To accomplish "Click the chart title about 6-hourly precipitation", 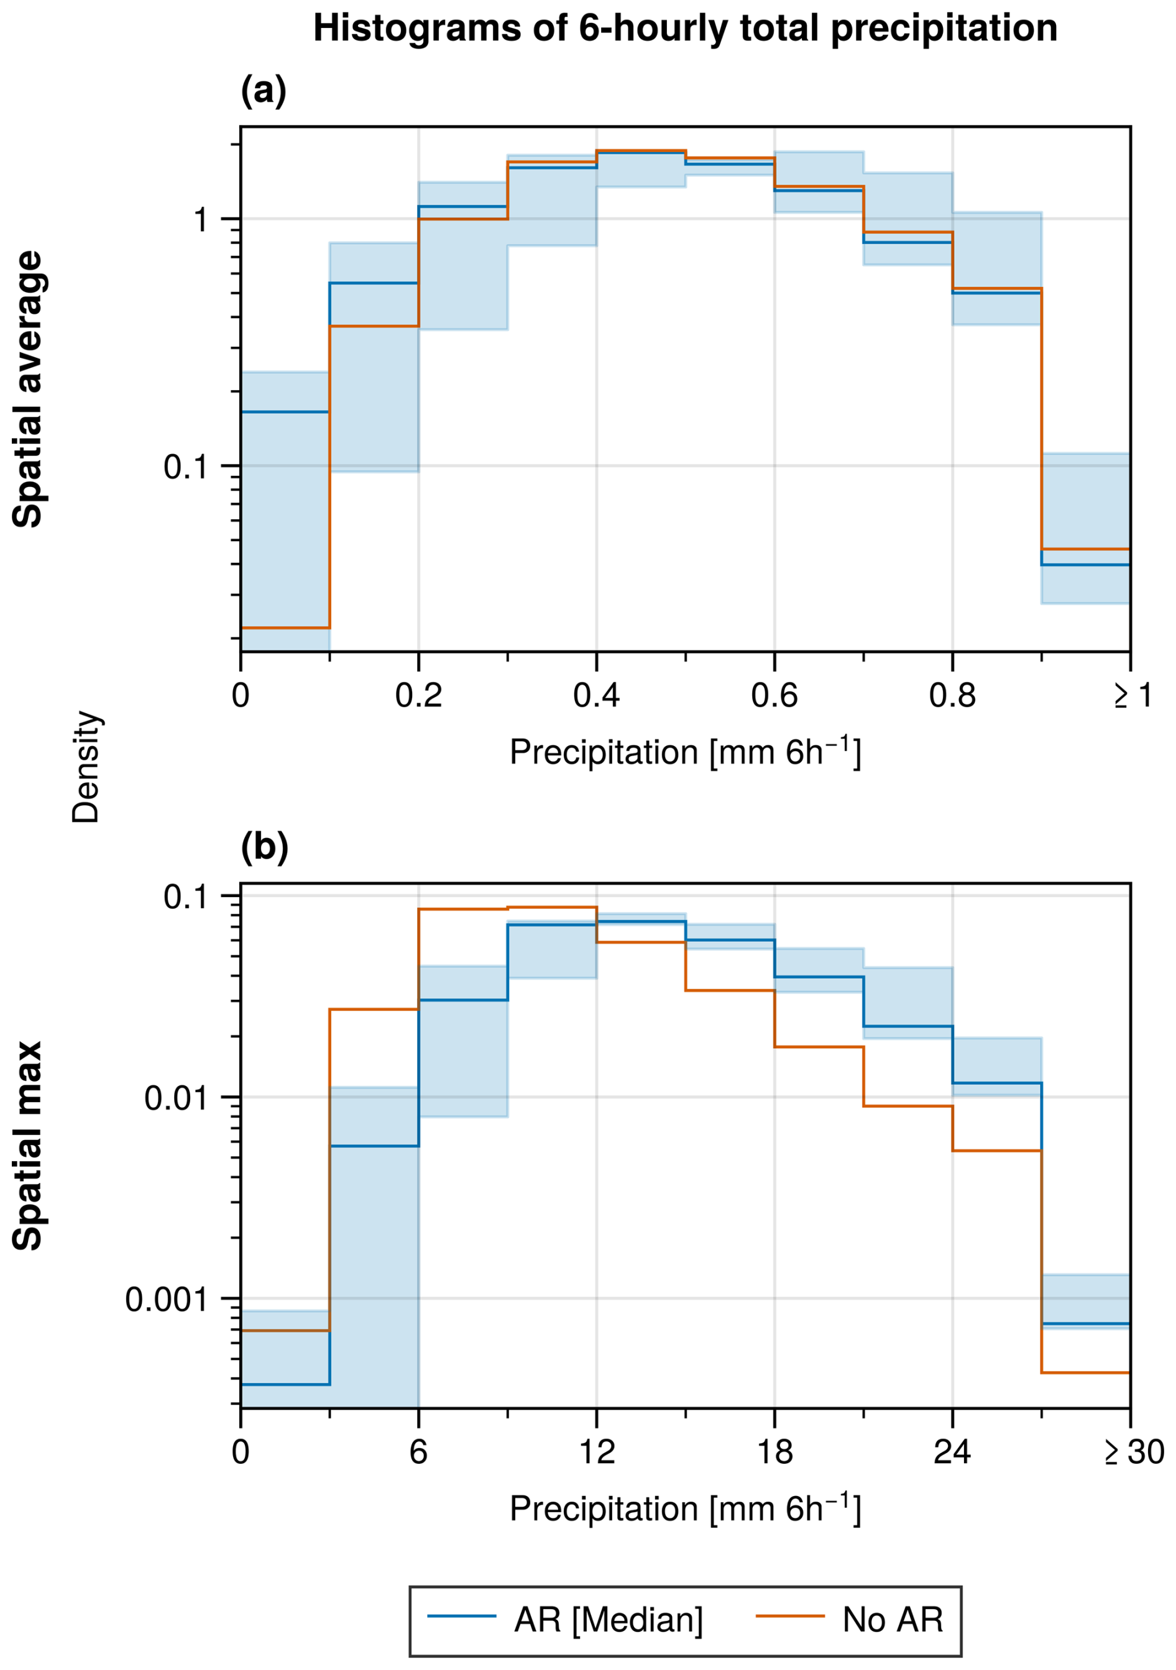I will point(685,29).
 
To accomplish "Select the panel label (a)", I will point(264,91).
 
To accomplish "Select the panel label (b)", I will point(264,847).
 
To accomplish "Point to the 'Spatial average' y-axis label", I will point(27,389).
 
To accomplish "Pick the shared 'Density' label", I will point(85,767).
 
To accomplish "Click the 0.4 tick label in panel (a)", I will point(596,696).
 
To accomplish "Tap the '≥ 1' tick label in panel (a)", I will point(1132,696).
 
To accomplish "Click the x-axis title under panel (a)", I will point(685,752).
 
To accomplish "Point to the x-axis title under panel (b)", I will point(685,1508).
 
